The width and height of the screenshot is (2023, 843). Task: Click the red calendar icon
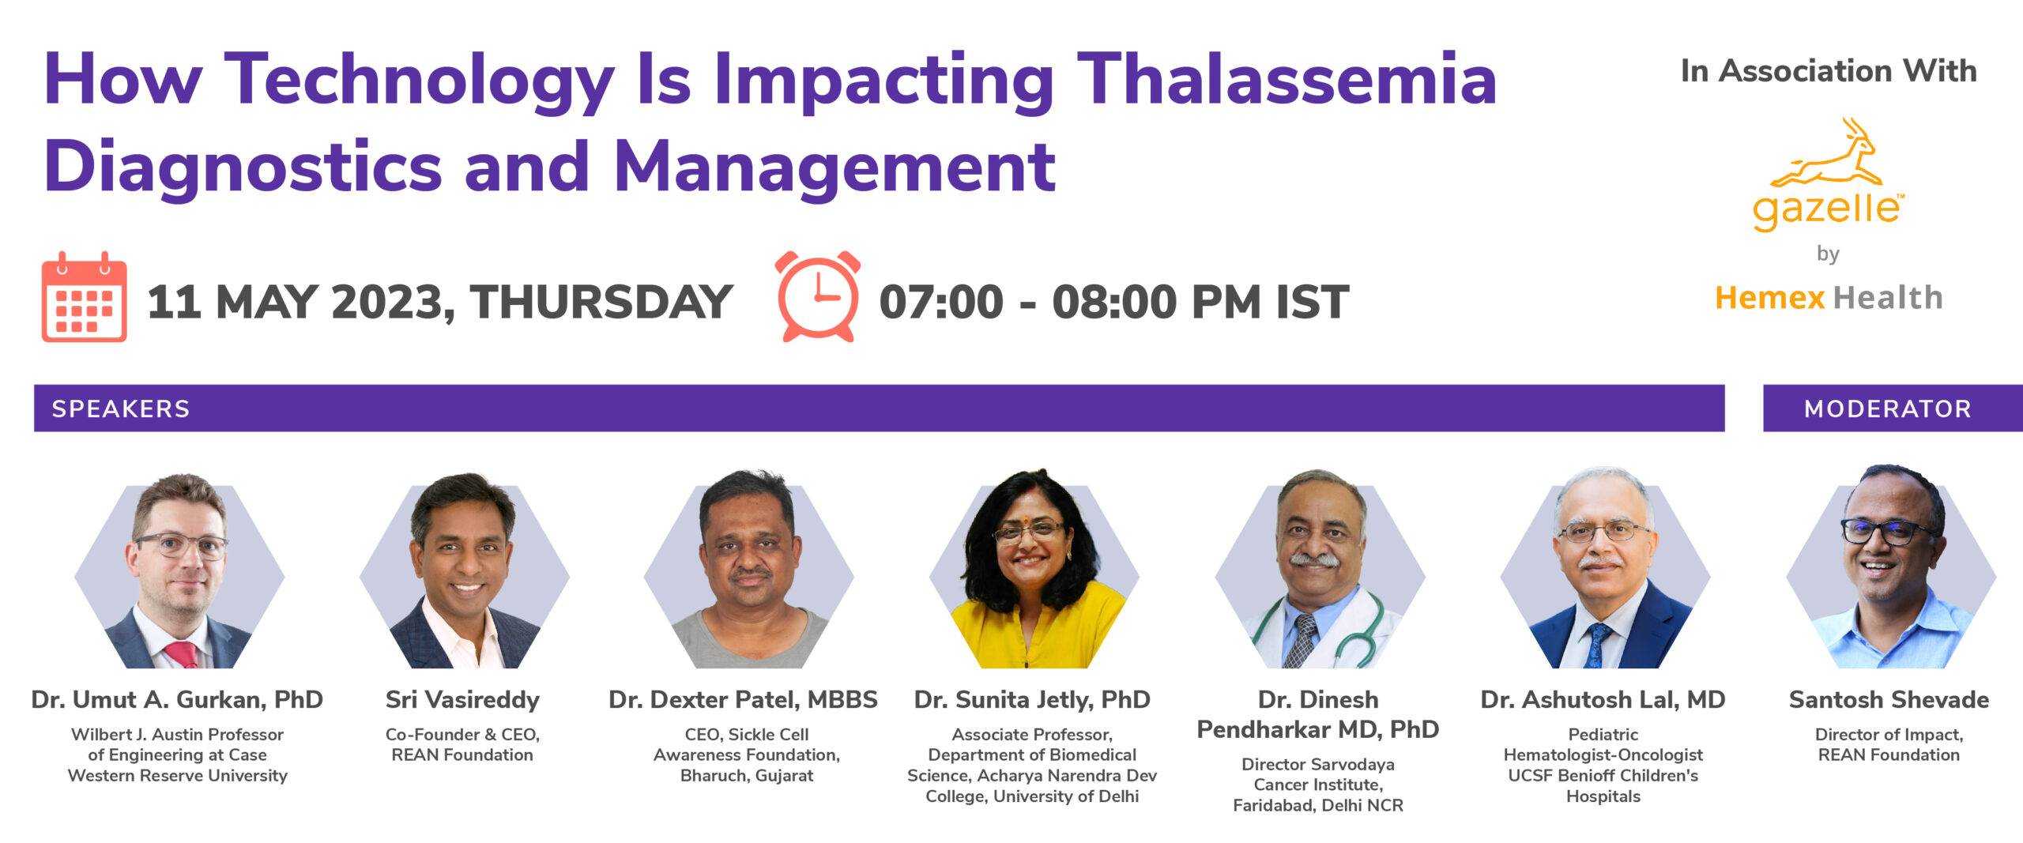(x=84, y=297)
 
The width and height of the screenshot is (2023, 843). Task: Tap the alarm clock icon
(x=818, y=296)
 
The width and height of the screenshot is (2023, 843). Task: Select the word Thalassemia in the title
(x=1287, y=79)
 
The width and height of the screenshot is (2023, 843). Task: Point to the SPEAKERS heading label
(x=121, y=408)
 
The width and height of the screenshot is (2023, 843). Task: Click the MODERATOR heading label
(x=1888, y=408)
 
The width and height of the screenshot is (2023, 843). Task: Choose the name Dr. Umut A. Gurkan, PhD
(x=177, y=700)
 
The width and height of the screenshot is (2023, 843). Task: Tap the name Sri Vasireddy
(x=462, y=700)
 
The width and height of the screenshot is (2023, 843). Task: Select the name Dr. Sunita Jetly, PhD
(x=1032, y=700)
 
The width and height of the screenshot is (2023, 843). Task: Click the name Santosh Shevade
(x=1889, y=700)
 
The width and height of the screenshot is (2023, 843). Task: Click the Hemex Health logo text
(x=1829, y=298)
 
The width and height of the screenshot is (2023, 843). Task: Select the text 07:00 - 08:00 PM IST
(x=1114, y=302)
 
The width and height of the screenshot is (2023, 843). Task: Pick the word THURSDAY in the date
(x=601, y=302)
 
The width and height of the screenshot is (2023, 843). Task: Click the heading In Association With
(x=1829, y=71)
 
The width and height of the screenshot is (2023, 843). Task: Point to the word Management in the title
(x=834, y=167)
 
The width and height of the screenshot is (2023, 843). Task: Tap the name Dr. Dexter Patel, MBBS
(x=743, y=700)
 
